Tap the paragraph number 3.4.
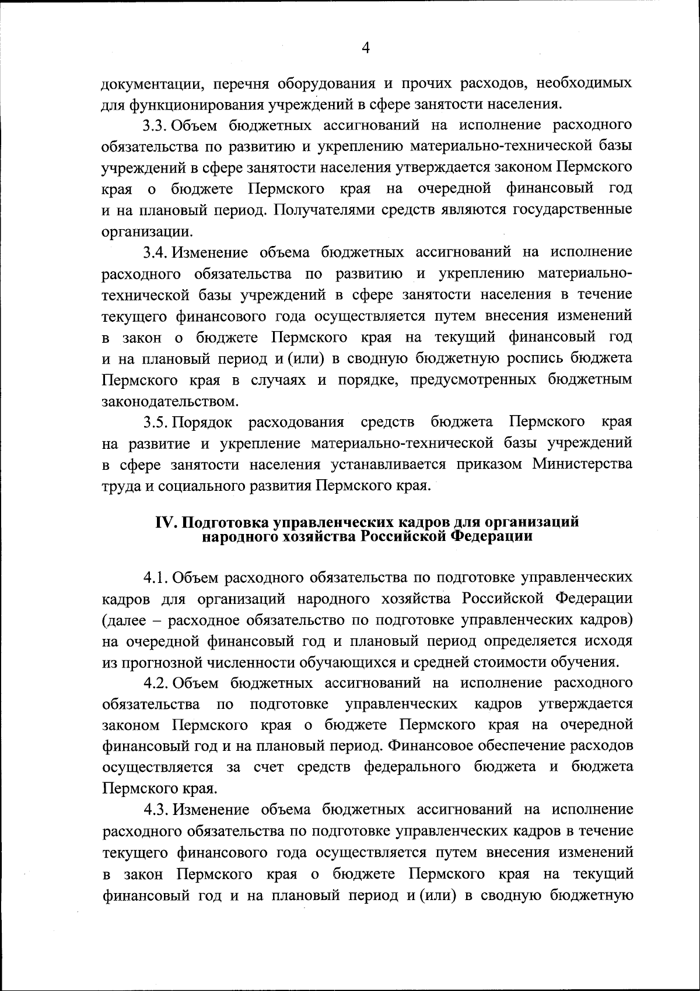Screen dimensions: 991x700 coord(156,252)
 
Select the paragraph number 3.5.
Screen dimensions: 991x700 coord(156,421)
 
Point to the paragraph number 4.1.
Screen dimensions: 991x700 coord(156,578)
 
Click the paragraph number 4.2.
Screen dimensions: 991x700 coord(156,683)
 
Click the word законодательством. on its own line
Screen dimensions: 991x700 coord(170,401)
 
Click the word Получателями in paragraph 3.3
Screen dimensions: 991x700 coord(324,210)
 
